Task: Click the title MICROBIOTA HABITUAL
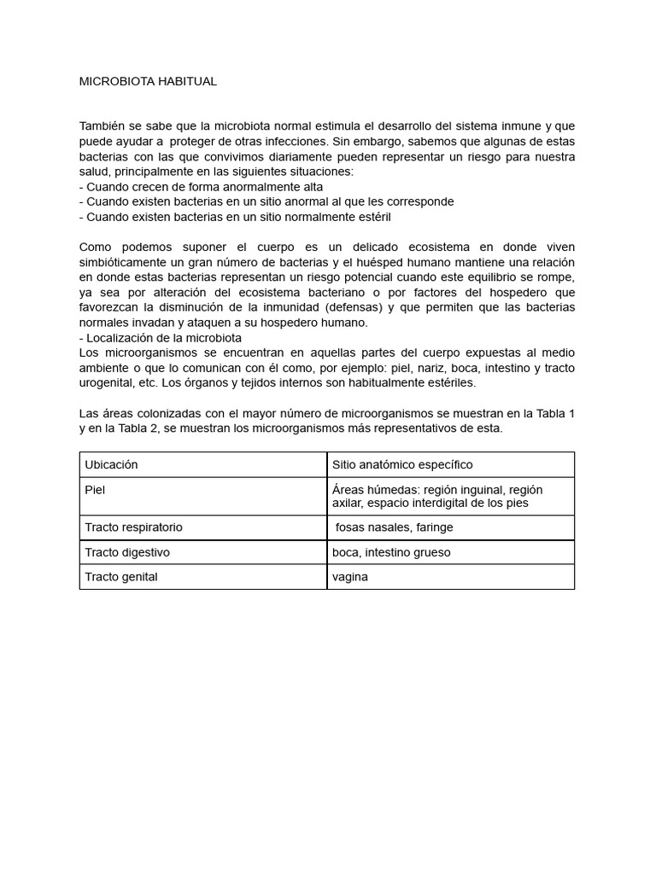click(148, 82)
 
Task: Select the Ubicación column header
click(111, 464)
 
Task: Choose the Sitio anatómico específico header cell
click(402, 464)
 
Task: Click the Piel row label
click(95, 490)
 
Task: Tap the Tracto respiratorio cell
click(133, 527)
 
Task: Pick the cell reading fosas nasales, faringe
click(394, 527)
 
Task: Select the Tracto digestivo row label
click(127, 552)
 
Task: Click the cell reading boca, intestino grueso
click(391, 552)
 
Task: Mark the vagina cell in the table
click(350, 577)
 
